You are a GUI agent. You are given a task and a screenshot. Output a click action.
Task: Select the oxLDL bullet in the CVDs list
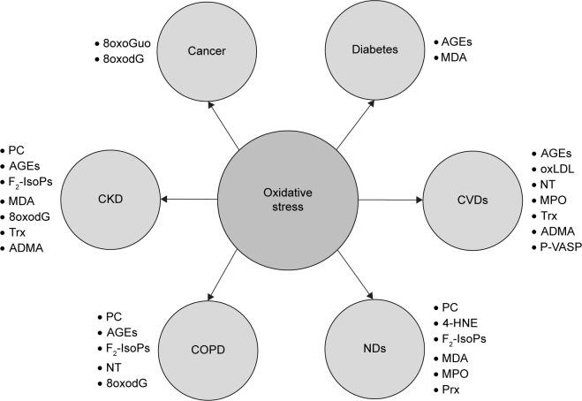pyautogui.click(x=556, y=169)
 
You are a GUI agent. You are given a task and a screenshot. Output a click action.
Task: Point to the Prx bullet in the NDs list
pyautogui.click(x=453, y=389)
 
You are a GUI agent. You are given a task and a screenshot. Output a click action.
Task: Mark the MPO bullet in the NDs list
pyautogui.click(x=456, y=373)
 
